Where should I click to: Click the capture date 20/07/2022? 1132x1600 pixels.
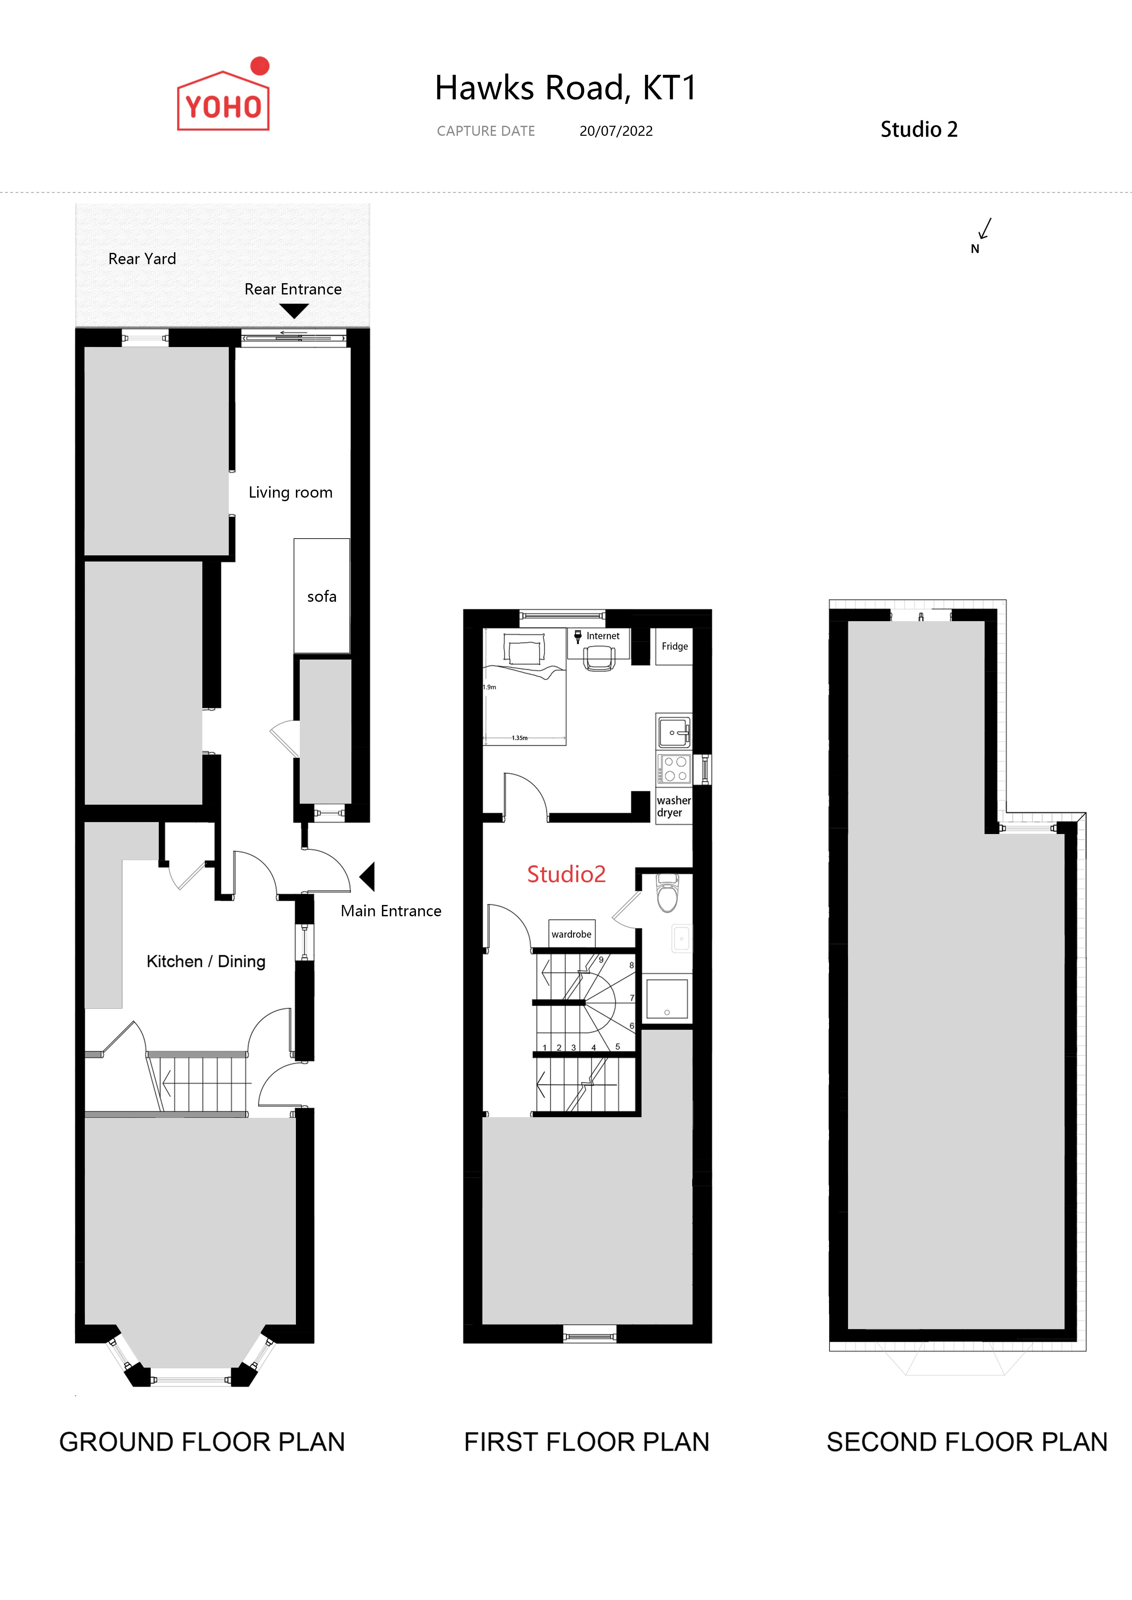pyautogui.click(x=616, y=131)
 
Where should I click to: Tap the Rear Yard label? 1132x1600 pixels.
pyautogui.click(x=142, y=259)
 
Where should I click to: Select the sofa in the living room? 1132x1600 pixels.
pyautogui.click(x=321, y=596)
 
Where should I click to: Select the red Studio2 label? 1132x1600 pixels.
pyautogui.click(x=566, y=874)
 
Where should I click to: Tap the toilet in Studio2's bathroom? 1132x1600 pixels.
pyautogui.click(x=668, y=893)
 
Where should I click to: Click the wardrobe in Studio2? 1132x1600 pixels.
pyautogui.click(x=571, y=934)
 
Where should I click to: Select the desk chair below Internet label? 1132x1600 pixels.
pyautogui.click(x=599, y=658)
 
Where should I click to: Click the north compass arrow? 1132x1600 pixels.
pyautogui.click(x=985, y=229)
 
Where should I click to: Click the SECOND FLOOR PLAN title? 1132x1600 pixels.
pyautogui.click(x=967, y=1442)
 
